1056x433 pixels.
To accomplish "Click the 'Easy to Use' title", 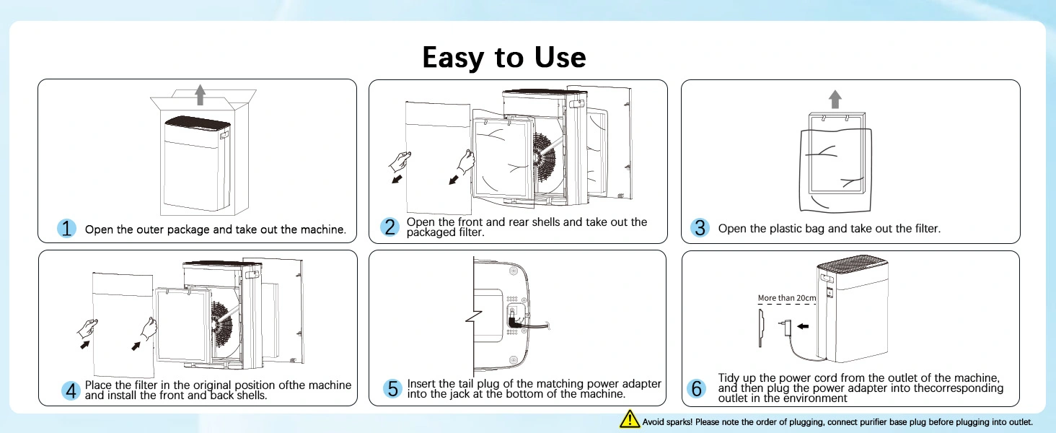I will pyautogui.click(x=504, y=57).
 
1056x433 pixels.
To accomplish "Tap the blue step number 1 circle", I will pyautogui.click(x=66, y=229).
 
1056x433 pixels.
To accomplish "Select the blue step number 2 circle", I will pyautogui.click(x=390, y=227).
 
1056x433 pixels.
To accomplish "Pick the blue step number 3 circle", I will pyautogui.click(x=699, y=228).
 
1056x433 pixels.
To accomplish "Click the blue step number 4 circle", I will pyautogui.click(x=71, y=390).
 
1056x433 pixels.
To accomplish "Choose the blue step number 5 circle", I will pyautogui.click(x=392, y=389).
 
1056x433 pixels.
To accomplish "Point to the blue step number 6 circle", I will pyautogui.click(x=697, y=389).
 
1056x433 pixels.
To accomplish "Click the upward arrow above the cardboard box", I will pyautogui.click(x=201, y=95).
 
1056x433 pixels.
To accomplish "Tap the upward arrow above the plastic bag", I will pyautogui.click(x=835, y=100).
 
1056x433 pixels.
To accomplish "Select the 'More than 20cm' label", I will pyautogui.click(x=787, y=298).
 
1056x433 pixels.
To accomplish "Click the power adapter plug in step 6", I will pyautogui.click(x=786, y=326).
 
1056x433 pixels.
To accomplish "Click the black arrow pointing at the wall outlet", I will pyautogui.click(x=802, y=326).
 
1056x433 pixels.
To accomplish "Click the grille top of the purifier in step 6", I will pyautogui.click(x=853, y=266).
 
